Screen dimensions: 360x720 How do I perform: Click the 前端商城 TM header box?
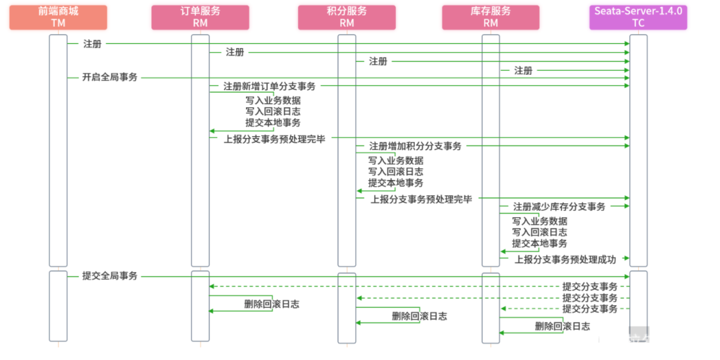[59, 17]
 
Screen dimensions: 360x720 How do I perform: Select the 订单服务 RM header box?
[200, 17]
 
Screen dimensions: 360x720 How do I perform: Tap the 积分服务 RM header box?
[347, 17]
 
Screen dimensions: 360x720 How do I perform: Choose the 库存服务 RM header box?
[491, 17]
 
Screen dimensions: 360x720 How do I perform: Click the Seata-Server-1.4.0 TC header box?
[638, 17]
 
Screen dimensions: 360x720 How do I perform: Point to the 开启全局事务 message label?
[110, 77]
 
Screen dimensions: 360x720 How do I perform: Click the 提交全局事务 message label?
[110, 276]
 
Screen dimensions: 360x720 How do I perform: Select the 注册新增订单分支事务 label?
[270, 87]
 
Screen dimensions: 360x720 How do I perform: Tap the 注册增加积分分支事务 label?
[415, 146]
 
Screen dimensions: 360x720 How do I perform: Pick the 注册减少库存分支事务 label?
[559, 207]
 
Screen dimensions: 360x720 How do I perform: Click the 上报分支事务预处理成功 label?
[565, 259]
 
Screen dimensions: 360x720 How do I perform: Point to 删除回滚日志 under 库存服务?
[562, 326]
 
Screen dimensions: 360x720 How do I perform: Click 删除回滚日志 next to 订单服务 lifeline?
[271, 304]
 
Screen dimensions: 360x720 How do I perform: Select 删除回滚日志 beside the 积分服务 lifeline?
[419, 316]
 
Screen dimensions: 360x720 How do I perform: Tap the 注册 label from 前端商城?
[92, 44]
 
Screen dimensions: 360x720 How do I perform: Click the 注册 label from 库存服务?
[523, 71]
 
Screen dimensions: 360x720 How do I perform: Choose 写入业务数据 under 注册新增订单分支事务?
[273, 101]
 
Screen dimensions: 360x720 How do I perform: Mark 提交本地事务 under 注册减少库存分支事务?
[539, 243]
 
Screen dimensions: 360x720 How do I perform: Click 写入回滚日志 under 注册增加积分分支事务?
[396, 172]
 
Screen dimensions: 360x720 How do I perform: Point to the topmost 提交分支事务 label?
[590, 287]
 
